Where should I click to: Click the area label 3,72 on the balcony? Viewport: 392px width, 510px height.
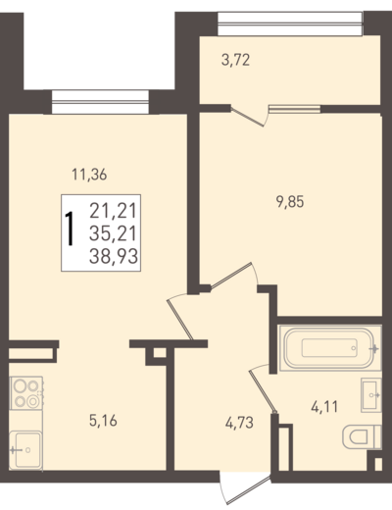point(235,60)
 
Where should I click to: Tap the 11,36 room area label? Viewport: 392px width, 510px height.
point(89,175)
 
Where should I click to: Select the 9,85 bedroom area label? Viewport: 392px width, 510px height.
point(290,202)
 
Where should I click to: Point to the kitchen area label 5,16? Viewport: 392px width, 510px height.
point(103,421)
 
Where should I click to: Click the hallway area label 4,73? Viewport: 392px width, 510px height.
point(239,423)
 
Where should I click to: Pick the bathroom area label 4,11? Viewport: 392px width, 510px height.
point(324,407)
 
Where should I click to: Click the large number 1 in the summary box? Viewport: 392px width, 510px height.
point(70,229)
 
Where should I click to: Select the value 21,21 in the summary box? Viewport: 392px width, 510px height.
point(113,211)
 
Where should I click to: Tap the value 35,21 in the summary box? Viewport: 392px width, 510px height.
point(113,233)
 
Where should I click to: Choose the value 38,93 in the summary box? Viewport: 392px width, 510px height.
point(114,256)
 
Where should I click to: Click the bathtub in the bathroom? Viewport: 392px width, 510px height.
point(330,348)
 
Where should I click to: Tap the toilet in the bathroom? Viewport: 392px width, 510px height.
point(362,436)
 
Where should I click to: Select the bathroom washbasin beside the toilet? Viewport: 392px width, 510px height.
point(371,395)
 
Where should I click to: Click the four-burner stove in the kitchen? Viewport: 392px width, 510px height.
point(26,393)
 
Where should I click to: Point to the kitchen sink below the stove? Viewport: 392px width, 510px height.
point(25,450)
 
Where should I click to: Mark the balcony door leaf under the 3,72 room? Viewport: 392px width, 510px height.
point(247,116)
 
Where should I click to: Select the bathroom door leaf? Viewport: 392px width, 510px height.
point(264,390)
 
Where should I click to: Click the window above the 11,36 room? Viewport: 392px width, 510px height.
point(100,102)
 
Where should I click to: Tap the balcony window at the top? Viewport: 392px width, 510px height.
point(290,24)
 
